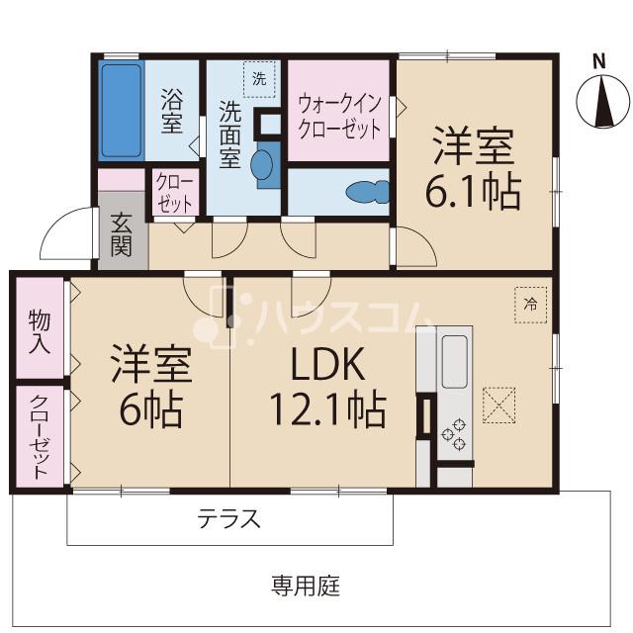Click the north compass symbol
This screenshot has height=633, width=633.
tap(603, 101)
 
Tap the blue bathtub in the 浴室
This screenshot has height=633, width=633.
tap(121, 111)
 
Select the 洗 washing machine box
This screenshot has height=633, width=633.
tap(259, 79)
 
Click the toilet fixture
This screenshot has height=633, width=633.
tap(367, 192)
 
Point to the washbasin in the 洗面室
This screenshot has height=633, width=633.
tap(262, 164)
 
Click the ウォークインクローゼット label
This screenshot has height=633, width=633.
tap(339, 117)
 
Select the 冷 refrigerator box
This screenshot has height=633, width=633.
tap(531, 305)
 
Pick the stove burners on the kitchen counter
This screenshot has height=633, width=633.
tap(454, 435)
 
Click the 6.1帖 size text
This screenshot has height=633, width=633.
tap(473, 191)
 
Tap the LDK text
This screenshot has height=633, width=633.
tap(327, 364)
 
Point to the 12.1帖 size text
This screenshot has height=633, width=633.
tap(327, 408)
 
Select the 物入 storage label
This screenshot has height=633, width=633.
tap(40, 332)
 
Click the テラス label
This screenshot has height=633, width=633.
tap(228, 518)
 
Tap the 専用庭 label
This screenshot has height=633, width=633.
tap(306, 586)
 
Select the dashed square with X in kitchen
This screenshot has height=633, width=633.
tap(498, 405)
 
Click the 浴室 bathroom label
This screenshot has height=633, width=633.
tap(171, 112)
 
